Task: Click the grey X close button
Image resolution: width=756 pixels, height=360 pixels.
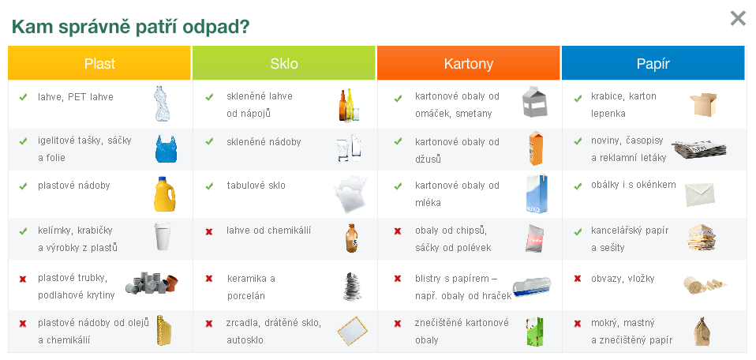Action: (738, 18)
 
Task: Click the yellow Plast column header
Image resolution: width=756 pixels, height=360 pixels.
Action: (99, 63)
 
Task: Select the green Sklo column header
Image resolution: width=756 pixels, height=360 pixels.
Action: (284, 63)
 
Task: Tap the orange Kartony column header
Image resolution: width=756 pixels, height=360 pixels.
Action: (469, 63)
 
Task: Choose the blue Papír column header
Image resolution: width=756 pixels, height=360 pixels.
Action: (653, 63)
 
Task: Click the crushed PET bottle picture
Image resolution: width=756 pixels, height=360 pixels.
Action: (162, 103)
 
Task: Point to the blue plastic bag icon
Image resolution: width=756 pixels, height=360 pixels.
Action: (166, 148)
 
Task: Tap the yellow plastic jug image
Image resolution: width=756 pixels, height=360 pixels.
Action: (164, 194)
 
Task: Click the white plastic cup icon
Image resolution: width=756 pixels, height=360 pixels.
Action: (163, 236)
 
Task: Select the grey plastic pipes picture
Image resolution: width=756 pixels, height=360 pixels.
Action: (152, 283)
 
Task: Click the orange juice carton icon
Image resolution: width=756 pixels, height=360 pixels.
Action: (536, 148)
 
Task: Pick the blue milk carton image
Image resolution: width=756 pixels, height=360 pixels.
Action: (537, 193)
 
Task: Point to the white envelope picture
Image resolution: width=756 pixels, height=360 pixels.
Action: (700, 194)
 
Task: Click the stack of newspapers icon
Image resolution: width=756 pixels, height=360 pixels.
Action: (699, 149)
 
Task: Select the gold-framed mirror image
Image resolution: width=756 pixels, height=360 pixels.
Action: (353, 331)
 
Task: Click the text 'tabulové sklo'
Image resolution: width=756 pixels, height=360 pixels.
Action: (256, 186)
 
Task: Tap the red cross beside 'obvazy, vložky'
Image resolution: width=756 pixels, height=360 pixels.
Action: (578, 279)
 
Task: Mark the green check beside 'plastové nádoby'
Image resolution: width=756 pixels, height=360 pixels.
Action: (23, 186)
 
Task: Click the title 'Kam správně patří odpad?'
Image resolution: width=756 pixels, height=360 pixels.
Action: (130, 27)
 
